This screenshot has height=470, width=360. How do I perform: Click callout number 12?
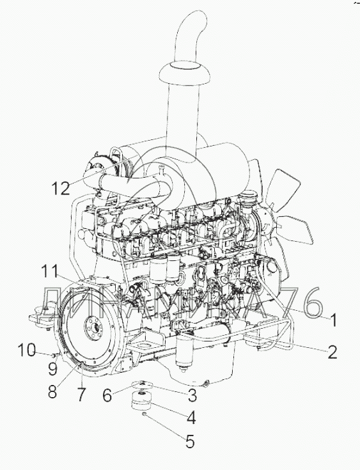pyautogui.click(x=61, y=188)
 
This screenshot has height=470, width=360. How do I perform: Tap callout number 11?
pyautogui.click(x=51, y=271)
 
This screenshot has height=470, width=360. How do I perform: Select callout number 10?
pyautogui.click(x=27, y=350)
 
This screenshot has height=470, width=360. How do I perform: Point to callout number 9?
pyautogui.click(x=52, y=369)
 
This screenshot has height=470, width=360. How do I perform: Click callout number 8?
pyautogui.click(x=52, y=391)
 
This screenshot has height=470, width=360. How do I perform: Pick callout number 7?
pyautogui.click(x=82, y=395)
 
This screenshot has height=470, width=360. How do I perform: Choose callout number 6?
pyautogui.click(x=107, y=395)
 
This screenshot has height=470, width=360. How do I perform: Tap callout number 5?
pyautogui.click(x=190, y=441)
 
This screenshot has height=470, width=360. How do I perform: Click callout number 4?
pyautogui.click(x=191, y=418)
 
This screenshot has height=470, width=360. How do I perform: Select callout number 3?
pyautogui.click(x=192, y=395)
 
